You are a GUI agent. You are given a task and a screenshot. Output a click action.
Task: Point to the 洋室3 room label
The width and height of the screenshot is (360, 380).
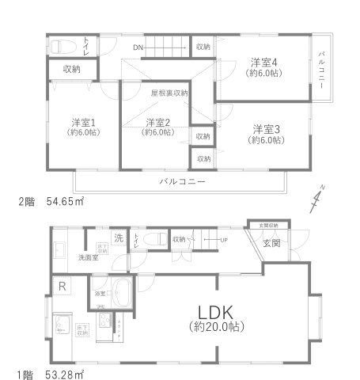[x=267, y=128]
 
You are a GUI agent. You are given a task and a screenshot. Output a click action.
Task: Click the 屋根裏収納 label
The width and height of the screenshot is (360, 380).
[x=169, y=93]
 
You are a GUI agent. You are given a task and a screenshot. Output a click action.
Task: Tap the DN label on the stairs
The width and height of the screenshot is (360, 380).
[x=138, y=47]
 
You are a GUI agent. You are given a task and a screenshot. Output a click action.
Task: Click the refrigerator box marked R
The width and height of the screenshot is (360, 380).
[x=61, y=286]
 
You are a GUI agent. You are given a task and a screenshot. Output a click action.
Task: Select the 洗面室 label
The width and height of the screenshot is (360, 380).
[x=87, y=256]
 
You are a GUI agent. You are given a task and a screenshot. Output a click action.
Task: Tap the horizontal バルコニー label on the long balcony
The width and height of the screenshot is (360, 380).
[x=182, y=181]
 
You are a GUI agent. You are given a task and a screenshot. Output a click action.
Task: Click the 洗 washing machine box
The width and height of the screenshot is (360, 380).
[x=118, y=238]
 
